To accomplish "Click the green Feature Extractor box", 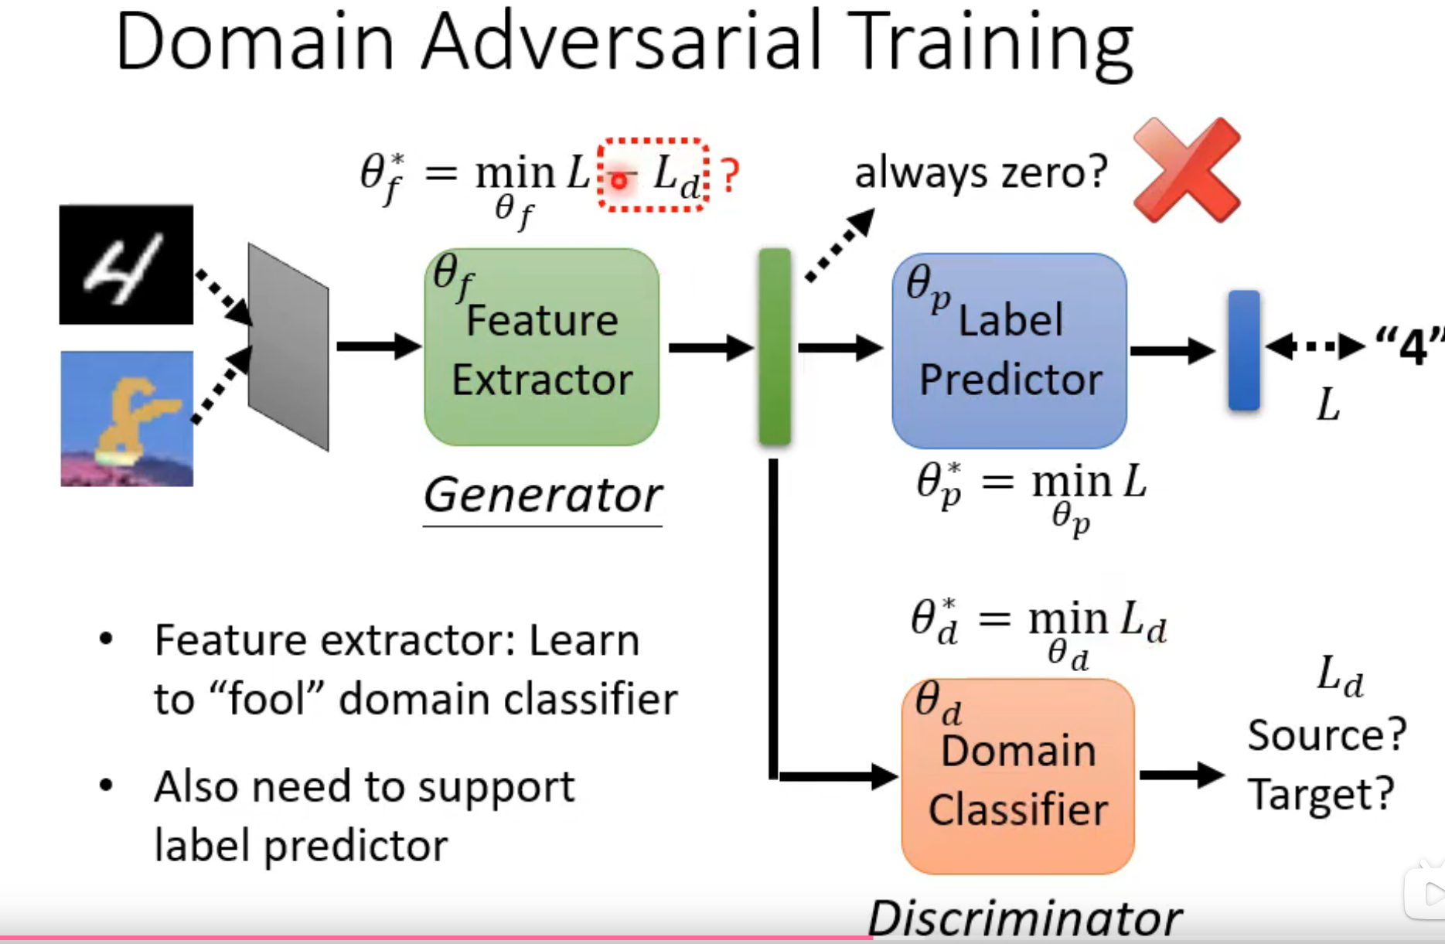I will [541, 347].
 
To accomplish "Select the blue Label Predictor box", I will [1009, 350].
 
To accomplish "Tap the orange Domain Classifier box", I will [1017, 777].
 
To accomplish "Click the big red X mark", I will [1187, 170].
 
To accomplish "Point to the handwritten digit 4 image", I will [126, 264].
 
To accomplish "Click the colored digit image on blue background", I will [127, 418].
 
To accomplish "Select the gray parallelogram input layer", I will [288, 346].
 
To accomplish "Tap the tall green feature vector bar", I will [774, 346].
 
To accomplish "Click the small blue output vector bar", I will [1243, 349].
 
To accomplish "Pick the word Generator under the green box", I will [542, 495].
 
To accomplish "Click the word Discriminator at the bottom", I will [1024, 919].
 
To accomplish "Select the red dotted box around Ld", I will [653, 175].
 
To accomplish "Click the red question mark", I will [729, 176].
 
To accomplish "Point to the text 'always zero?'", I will [980, 172].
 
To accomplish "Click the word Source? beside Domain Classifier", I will [1326, 734].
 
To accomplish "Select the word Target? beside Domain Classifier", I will [1321, 793].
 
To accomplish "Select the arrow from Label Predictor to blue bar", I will [1171, 351].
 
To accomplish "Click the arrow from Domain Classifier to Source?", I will [1181, 775].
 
